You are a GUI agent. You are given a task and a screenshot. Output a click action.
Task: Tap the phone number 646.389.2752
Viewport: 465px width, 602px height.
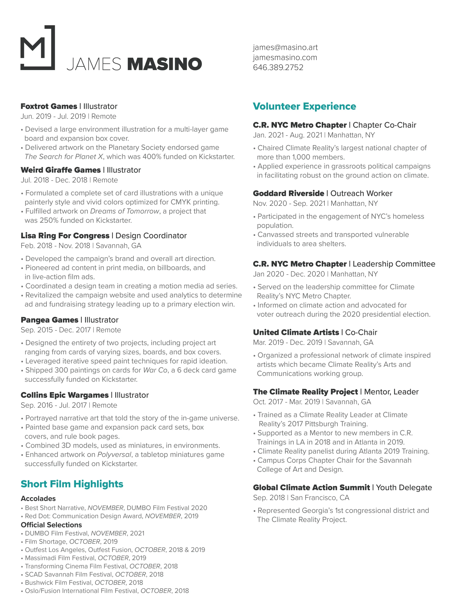point(278,67)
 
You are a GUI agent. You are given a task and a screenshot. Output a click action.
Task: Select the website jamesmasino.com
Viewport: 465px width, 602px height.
point(285,58)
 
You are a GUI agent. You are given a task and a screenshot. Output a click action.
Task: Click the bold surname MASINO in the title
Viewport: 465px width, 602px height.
point(164,64)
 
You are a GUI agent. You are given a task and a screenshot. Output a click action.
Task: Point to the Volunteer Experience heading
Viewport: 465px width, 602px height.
point(304,106)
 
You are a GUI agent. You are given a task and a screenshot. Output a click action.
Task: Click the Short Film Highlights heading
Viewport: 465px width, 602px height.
point(72,484)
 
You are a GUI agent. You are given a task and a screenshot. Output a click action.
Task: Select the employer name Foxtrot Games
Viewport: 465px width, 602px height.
point(49,106)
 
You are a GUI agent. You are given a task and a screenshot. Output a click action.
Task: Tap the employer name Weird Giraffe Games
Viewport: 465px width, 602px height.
point(61,170)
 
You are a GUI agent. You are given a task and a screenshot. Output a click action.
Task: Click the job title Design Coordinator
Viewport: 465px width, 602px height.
point(151,236)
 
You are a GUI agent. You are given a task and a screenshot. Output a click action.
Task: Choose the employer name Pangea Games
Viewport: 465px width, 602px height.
point(49,320)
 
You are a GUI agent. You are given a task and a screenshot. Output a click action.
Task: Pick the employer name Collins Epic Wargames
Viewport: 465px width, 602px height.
point(64,395)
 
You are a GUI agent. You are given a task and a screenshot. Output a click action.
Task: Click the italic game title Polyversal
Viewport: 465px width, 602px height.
point(114,455)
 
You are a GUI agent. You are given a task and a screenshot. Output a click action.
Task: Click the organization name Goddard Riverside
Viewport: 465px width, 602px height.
point(288,194)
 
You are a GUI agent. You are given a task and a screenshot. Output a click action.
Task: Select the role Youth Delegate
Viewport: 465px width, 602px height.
point(404,488)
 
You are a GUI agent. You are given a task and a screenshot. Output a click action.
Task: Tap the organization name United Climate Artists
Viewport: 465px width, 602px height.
point(296,333)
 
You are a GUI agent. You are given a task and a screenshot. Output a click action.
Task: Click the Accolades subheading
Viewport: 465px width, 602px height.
point(38,499)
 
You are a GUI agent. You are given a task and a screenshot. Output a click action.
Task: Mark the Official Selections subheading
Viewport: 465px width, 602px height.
point(51,525)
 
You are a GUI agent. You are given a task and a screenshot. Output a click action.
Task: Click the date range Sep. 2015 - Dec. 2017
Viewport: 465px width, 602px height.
point(55,330)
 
